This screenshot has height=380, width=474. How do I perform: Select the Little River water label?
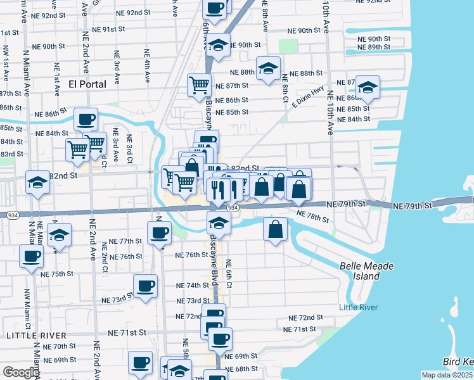(x=358, y=308)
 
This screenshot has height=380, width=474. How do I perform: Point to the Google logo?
(x=20, y=372)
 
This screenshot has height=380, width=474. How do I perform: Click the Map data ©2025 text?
(x=447, y=375)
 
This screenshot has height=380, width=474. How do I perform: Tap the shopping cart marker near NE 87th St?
(x=199, y=84)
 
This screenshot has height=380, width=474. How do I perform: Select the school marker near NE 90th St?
(x=218, y=45)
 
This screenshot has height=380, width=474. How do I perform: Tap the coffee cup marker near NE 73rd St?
(x=145, y=286)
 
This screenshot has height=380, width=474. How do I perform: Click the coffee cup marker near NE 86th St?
(x=86, y=118)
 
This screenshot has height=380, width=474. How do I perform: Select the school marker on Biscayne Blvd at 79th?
(x=219, y=223)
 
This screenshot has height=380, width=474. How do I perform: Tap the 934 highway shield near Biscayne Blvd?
(x=233, y=208)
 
